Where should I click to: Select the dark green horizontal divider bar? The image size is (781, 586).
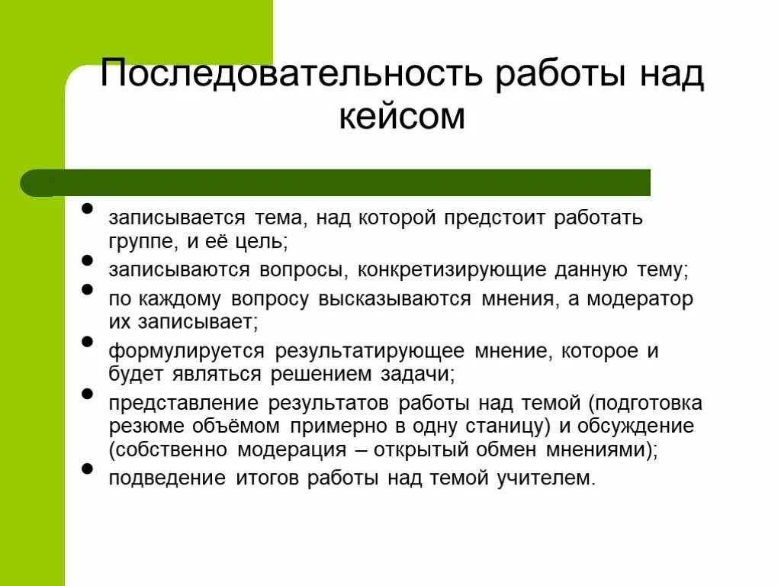coord(336,183)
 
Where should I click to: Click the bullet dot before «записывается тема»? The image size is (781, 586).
coord(87,208)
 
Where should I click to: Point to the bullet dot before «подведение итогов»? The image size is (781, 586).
coord(87,468)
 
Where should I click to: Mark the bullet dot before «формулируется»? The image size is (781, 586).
coord(87,342)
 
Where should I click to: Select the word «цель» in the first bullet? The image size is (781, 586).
coord(254,243)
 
